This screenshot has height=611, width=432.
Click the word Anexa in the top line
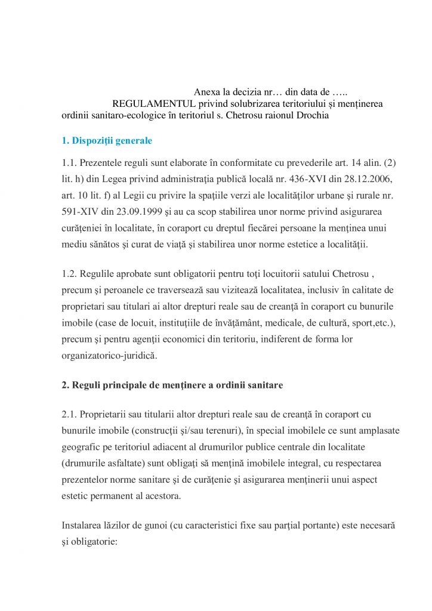pos(206,92)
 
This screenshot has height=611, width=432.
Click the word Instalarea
pos(83,526)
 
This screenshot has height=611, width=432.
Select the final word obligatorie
pos(100,542)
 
